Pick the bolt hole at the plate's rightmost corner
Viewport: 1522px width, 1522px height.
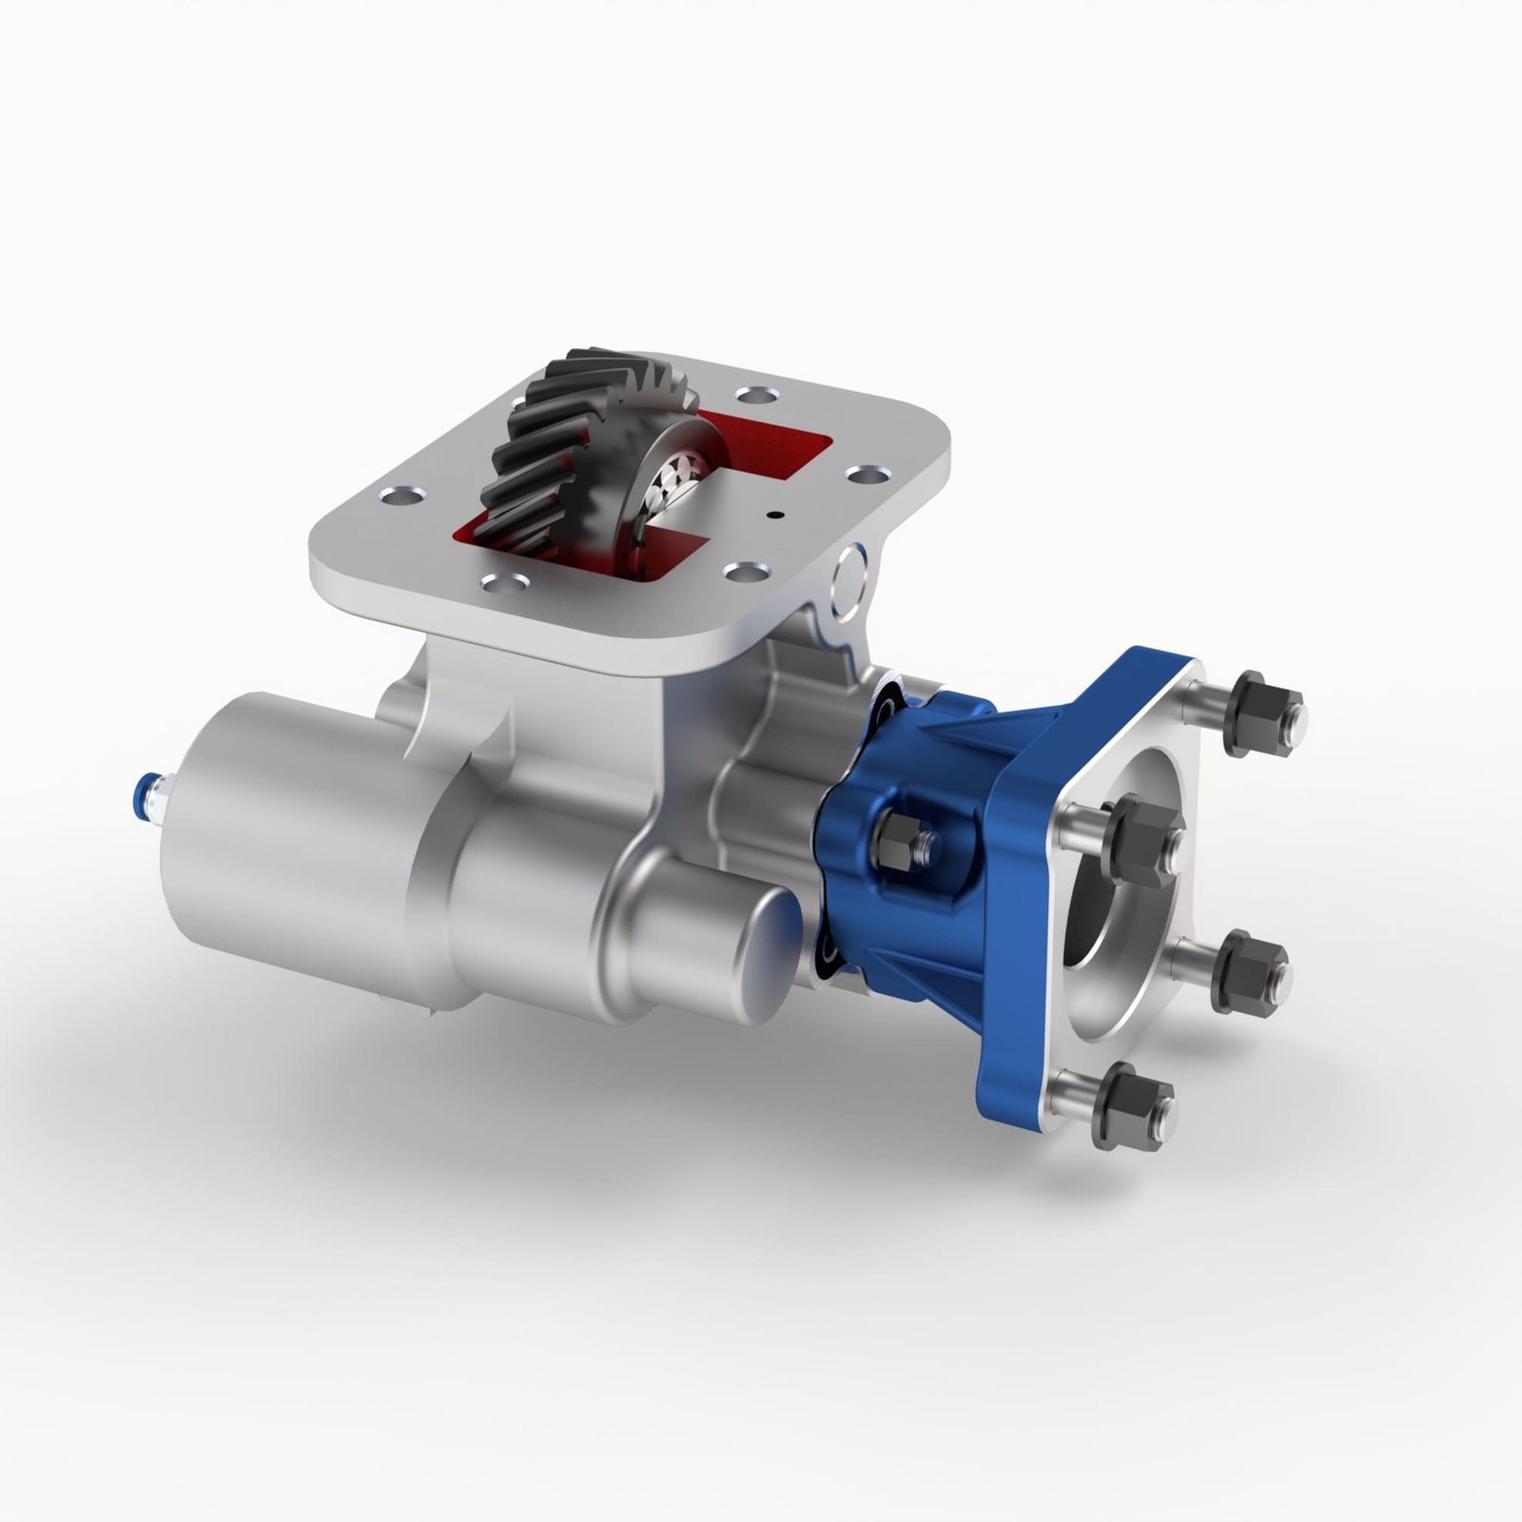click(864, 473)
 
